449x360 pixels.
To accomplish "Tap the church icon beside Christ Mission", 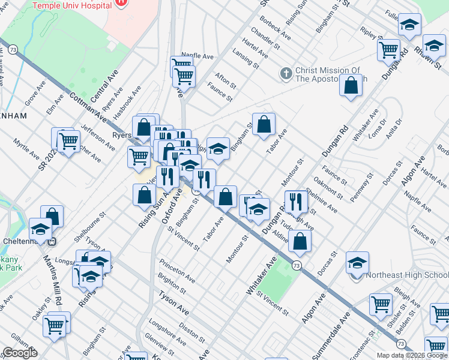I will pyautogui.click(x=286, y=74).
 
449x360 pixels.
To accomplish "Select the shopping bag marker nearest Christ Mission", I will pyautogui.click(x=351, y=85).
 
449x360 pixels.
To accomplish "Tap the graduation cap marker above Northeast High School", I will pyautogui.click(x=357, y=262).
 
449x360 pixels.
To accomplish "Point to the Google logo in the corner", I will pyautogui.click(x=20, y=353).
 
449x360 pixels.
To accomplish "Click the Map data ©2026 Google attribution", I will pyautogui.click(x=412, y=355).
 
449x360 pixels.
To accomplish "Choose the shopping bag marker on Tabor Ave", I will pyautogui.click(x=264, y=124).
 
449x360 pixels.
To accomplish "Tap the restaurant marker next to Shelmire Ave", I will pyautogui.click(x=295, y=202).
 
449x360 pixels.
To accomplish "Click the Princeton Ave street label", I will pyautogui.click(x=177, y=271).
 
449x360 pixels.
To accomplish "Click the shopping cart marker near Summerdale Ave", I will pyautogui.click(x=381, y=305).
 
